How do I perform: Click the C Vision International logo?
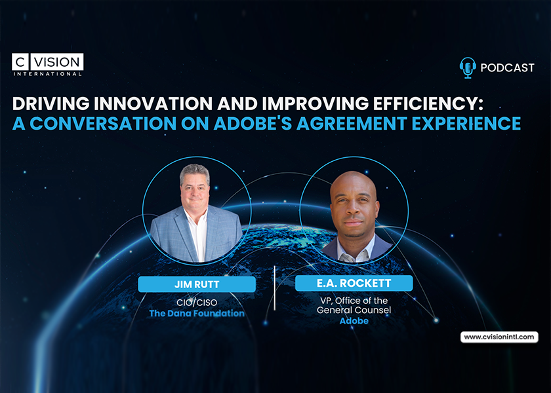[x=47, y=65]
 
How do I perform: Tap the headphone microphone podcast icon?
[x=468, y=67]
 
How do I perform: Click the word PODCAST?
[x=507, y=67]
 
